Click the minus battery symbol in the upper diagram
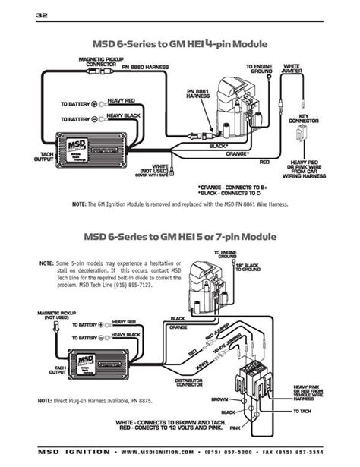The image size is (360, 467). click(x=93, y=119)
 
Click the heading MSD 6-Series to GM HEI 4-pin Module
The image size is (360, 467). click(x=179, y=44)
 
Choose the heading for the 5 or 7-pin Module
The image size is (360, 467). click(x=179, y=235)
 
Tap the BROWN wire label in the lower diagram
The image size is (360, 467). click(x=218, y=398)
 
